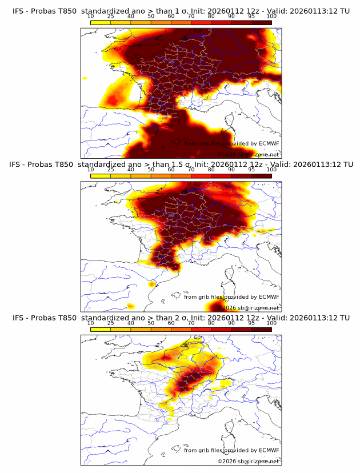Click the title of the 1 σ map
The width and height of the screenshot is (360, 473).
[x=181, y=11]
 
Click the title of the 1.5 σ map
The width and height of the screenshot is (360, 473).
[x=181, y=165]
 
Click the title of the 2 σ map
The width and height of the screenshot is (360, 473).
[x=181, y=318]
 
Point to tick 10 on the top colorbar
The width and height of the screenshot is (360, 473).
[x=91, y=17]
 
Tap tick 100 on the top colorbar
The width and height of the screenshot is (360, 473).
[x=271, y=17]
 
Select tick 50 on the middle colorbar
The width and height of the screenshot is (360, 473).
[x=151, y=170]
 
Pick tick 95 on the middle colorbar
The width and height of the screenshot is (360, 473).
[x=251, y=170]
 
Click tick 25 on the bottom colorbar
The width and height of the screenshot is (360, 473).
[x=111, y=323]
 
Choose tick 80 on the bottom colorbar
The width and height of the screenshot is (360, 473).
[x=211, y=323]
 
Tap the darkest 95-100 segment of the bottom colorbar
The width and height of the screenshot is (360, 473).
[x=262, y=328]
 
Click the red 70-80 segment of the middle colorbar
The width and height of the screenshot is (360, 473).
[x=201, y=175]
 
